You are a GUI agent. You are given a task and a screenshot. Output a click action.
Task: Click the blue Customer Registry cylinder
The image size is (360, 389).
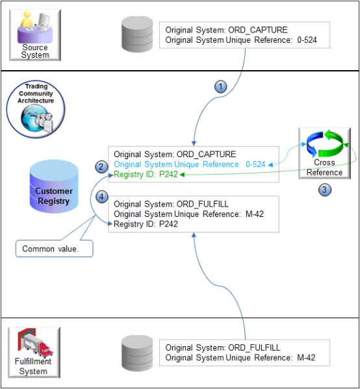click(x=54, y=188)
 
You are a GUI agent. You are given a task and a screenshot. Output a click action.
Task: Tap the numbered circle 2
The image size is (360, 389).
click(x=101, y=167)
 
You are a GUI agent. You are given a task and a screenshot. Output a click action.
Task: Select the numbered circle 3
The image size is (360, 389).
click(x=323, y=191)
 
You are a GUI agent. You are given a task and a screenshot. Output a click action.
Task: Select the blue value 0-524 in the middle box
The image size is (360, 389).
click(x=256, y=165)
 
